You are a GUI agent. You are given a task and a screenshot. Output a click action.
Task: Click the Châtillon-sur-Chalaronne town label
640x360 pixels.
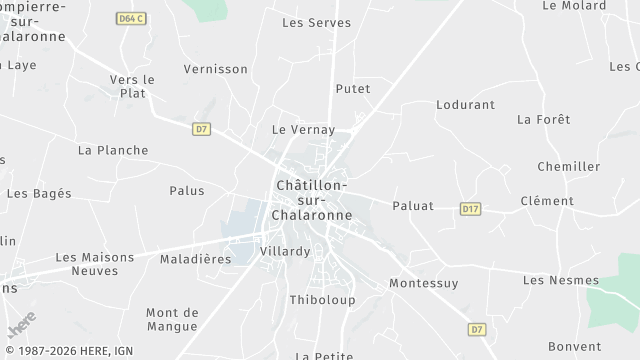[310, 200]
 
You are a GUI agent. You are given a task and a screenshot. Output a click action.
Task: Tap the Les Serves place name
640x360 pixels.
[310, 22]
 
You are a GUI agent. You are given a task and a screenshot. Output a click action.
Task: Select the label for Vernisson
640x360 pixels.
[215, 69]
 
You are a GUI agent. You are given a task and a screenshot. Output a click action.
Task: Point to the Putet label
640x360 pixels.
[352, 89]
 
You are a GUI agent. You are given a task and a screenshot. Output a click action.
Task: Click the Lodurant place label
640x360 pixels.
[465, 104]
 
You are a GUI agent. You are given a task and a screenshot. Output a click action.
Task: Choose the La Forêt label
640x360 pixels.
[543, 119]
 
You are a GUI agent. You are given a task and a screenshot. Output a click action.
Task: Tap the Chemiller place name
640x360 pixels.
[568, 166]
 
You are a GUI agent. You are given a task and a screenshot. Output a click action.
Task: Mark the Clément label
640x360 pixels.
[547, 201]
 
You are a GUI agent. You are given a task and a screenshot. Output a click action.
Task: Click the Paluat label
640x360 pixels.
[412, 206]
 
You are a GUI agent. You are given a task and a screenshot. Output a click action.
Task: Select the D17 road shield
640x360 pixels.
[471, 209]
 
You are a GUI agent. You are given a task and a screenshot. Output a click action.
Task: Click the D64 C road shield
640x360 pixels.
[130, 18]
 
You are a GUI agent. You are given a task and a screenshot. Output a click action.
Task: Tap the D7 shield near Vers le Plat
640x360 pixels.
[202, 128]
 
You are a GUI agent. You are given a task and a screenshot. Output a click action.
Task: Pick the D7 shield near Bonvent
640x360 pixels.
[477, 329]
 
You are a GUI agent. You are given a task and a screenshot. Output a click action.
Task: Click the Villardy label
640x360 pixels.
[284, 252]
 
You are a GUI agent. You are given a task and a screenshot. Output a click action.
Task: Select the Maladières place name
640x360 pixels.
[195, 259]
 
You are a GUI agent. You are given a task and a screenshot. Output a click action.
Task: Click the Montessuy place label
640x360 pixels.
[423, 283]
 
